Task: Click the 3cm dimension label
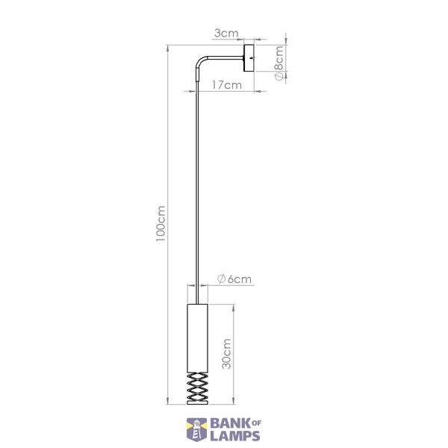pos(226,34)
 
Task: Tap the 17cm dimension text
pos(227,85)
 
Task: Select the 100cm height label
pos(161,223)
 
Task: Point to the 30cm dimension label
pos(226,354)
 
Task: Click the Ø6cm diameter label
pos(234,279)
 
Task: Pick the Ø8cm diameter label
pos(279,63)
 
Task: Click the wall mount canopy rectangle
pos(249,58)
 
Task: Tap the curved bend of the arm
pos(200,61)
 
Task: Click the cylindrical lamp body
pos(197,338)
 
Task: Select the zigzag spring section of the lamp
pos(197,386)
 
